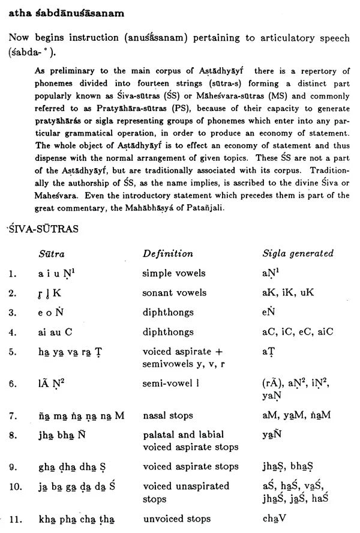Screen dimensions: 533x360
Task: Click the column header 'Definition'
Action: (x=167, y=253)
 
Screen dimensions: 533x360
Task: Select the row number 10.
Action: (x=14, y=486)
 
